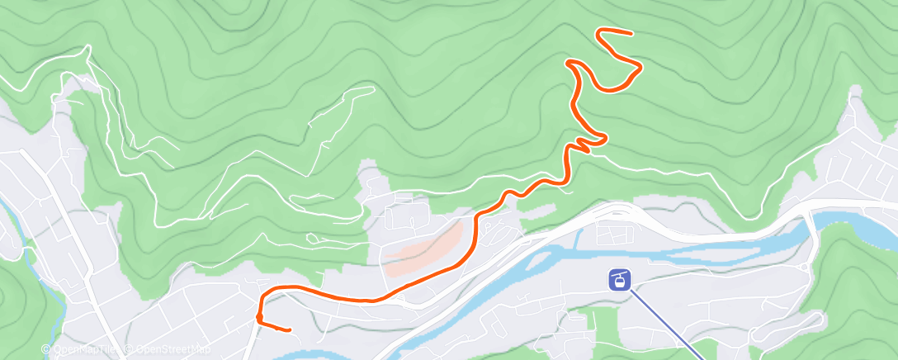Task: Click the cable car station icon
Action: (618, 279)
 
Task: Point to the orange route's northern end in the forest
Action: (631, 34)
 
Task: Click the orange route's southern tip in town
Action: (289, 330)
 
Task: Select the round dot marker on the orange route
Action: (260, 316)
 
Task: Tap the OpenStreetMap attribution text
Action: (172, 349)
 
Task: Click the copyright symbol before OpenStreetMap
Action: (130, 349)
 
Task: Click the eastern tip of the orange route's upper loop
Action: (640, 66)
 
